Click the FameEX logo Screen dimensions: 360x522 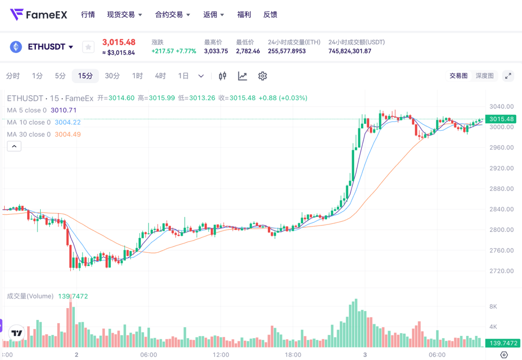pos(39,14)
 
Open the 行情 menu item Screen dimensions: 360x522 pos(88,14)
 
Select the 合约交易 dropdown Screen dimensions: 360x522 pos(172,14)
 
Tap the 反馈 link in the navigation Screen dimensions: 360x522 pos(270,14)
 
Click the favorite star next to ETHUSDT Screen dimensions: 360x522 pos(88,47)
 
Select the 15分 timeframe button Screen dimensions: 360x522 pos(85,76)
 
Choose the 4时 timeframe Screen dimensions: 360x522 pos(160,76)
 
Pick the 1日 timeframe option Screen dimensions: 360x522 pos(183,76)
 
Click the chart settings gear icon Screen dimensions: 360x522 pos(262,76)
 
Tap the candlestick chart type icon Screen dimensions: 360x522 pos(222,76)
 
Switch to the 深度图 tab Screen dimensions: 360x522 pos(484,76)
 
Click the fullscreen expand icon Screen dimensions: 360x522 pos(508,76)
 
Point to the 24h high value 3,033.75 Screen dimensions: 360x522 pos(216,51)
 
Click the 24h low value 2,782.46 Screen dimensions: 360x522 pos(248,51)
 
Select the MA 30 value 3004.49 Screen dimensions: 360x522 pos(68,134)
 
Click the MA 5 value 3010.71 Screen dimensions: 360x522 pos(64,110)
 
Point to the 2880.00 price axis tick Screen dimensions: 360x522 pos(501,189)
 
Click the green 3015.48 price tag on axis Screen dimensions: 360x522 pos(501,119)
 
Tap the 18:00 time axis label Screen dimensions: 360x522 pos(293,355)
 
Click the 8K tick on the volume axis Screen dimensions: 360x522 pos(493,306)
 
